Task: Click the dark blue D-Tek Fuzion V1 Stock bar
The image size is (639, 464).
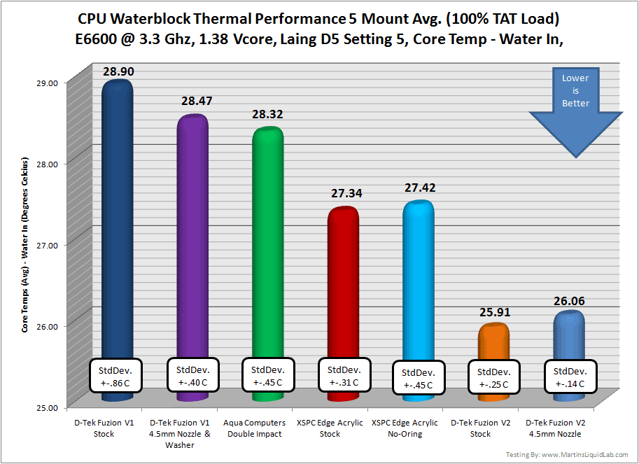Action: pos(116,210)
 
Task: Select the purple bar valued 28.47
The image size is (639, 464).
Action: pos(191,231)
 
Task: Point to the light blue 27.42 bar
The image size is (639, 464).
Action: pos(417,280)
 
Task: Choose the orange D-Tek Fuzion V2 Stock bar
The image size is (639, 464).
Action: pos(493,343)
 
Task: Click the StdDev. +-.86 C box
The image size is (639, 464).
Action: pos(116,376)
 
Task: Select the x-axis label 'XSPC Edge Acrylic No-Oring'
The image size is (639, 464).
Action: pos(405,428)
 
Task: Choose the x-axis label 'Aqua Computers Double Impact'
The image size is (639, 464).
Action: pos(255,428)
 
